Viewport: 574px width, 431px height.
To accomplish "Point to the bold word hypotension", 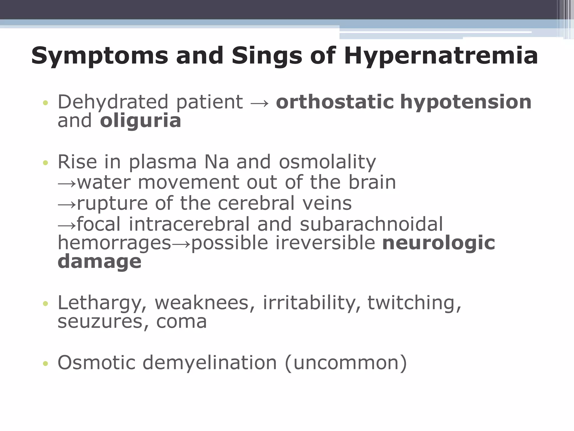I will [466, 102].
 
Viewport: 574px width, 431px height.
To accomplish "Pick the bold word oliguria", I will [140, 121].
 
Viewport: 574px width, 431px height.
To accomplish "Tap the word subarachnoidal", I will [371, 224].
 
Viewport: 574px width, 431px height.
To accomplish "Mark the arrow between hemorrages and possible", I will [181, 244].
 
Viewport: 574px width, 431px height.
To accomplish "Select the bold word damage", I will [99, 262].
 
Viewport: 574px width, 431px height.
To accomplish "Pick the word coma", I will [181, 322].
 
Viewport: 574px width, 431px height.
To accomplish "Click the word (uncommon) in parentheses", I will [346, 363].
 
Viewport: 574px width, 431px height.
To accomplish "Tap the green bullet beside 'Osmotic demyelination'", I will [45, 364].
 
